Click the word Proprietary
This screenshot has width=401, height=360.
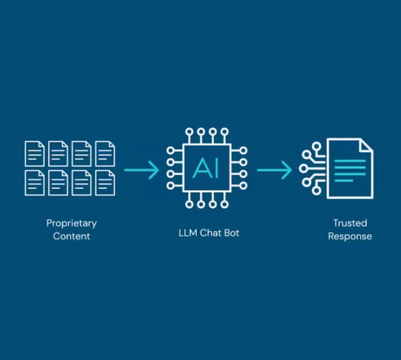pyautogui.click(x=72, y=224)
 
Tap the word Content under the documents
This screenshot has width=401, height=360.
pyautogui.click(x=72, y=236)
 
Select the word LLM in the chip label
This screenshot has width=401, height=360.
pyautogui.click(x=188, y=233)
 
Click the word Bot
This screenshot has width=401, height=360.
pyautogui.click(x=232, y=233)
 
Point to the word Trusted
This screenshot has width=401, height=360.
pyautogui.click(x=350, y=223)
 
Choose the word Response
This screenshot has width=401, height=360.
pyautogui.click(x=350, y=237)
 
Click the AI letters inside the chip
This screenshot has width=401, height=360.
pyautogui.click(x=206, y=168)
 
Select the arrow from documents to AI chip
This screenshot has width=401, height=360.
pyautogui.click(x=141, y=170)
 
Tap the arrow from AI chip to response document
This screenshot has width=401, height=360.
pyautogui.click(x=275, y=170)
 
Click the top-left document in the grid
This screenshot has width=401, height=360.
pyautogui.click(x=34, y=153)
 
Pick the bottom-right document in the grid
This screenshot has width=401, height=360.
pyautogui.click(x=105, y=183)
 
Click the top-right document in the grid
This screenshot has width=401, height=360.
pyautogui.click(x=105, y=153)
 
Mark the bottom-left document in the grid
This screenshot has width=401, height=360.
pyautogui.click(x=34, y=183)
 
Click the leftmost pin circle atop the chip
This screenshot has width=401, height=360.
pyautogui.click(x=189, y=132)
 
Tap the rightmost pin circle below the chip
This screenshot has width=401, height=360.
pyautogui.click(x=224, y=204)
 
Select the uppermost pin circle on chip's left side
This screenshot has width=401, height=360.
pyautogui.click(x=171, y=150)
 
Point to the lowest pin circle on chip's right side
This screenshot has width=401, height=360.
pyautogui.click(x=243, y=186)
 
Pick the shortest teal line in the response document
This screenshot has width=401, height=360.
pyautogui.click(x=343, y=181)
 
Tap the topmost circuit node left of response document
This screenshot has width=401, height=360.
pyautogui.click(x=316, y=147)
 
